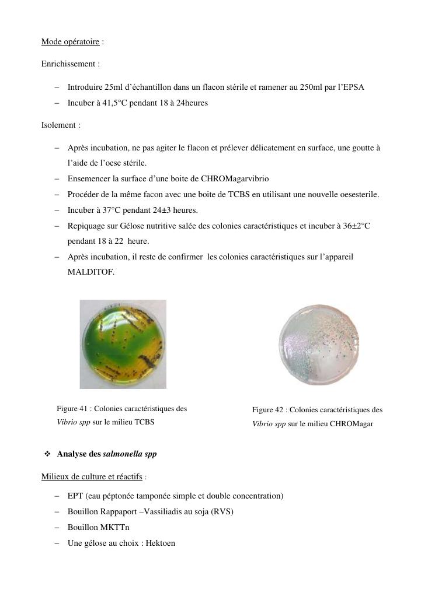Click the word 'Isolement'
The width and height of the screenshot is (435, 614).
[59, 125]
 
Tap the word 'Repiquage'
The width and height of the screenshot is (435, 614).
[85, 226]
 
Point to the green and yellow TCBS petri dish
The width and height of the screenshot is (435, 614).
[123, 344]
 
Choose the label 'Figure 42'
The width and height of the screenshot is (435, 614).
[269, 410]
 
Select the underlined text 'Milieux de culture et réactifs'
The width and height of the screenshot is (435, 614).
[92, 477]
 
